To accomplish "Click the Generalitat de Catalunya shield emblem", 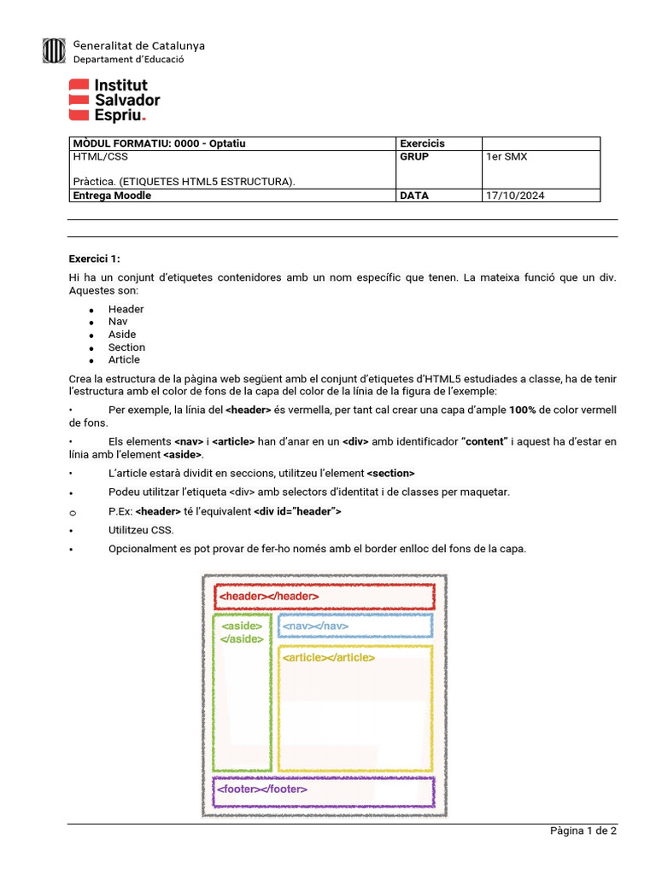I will [x=53, y=51].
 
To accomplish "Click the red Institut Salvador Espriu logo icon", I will [x=79, y=99].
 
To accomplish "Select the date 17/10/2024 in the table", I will [x=515, y=195].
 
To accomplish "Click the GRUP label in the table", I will [x=414, y=157].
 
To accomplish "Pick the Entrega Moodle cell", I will [x=113, y=195].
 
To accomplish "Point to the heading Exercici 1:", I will [x=95, y=259].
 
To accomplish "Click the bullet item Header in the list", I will [x=126, y=309].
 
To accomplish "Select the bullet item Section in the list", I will [x=126, y=347].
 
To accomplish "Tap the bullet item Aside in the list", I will [x=122, y=335].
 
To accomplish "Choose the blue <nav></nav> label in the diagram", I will [x=315, y=626].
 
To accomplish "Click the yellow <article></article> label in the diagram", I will [x=329, y=657].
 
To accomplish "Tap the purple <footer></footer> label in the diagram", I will [x=262, y=790].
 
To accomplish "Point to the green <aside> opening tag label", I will [x=242, y=626].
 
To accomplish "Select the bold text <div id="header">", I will [x=297, y=511].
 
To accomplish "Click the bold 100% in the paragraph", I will [x=523, y=410].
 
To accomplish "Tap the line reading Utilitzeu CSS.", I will [x=141, y=530].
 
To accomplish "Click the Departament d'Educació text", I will [x=128, y=60].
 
